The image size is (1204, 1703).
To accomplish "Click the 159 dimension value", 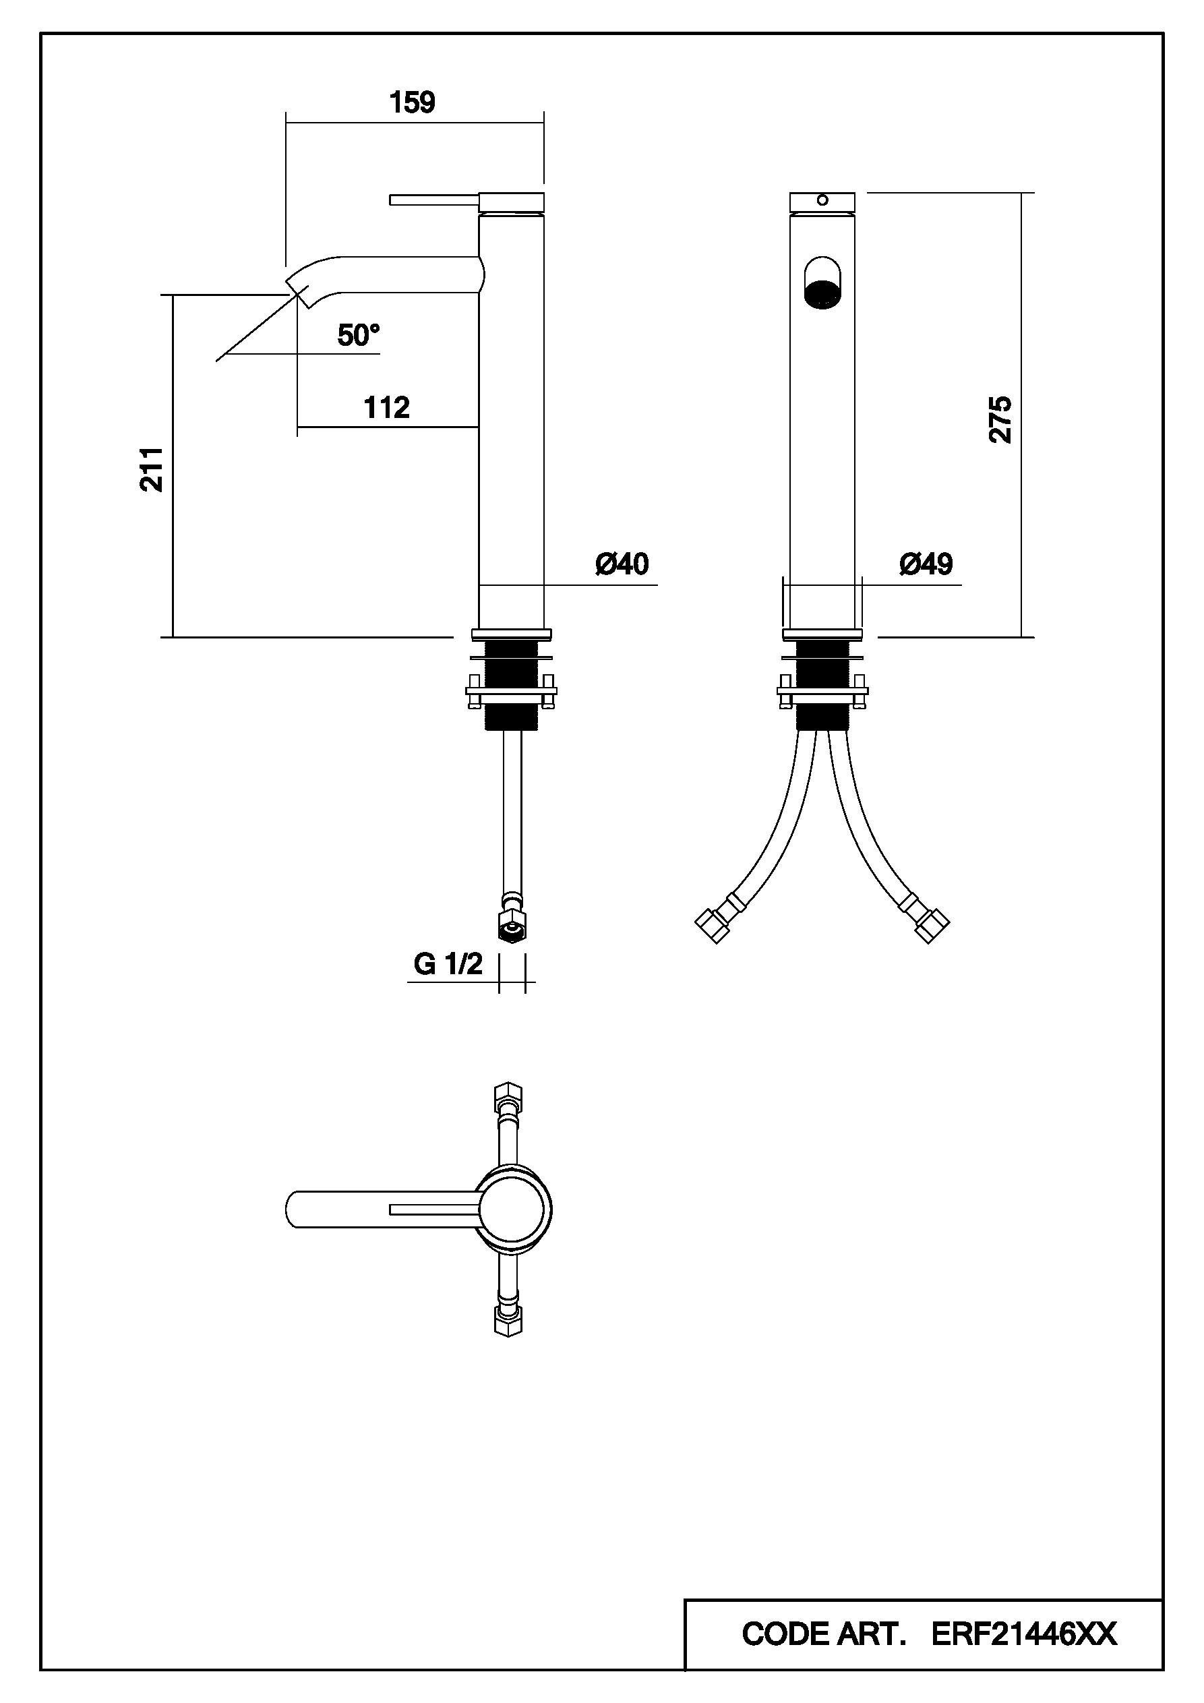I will [x=413, y=103].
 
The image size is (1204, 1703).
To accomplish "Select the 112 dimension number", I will [x=386, y=407].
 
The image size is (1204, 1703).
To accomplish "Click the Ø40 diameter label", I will [x=622, y=564].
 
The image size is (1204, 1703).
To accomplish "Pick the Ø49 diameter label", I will [x=926, y=564].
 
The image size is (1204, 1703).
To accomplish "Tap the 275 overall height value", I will [x=1000, y=420].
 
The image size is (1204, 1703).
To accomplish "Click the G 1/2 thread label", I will [x=448, y=963].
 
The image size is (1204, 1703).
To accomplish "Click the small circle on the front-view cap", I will [x=822, y=200].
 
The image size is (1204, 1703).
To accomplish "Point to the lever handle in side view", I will [x=434, y=200].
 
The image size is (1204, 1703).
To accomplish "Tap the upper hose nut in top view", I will [x=508, y=1096].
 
